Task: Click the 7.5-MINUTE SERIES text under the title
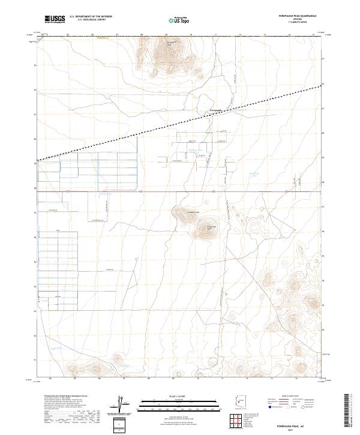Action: coord(301,23)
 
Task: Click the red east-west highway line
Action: coord(180,192)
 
